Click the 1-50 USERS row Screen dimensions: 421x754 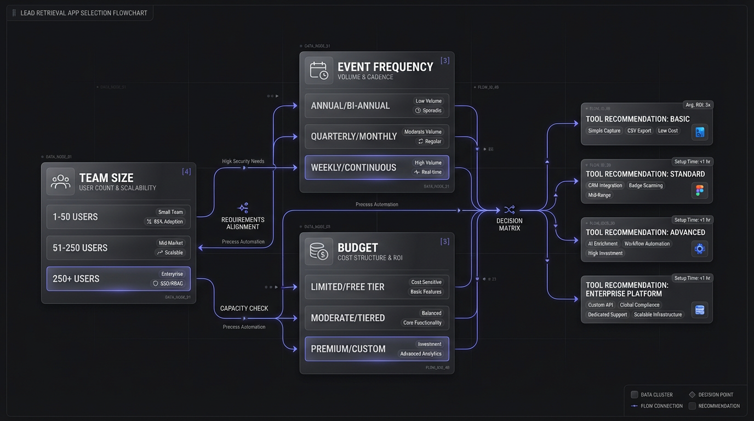118,217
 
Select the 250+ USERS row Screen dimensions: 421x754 118,278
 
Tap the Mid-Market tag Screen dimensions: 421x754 171,243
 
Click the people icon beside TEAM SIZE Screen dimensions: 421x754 60,182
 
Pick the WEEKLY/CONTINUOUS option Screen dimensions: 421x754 376,167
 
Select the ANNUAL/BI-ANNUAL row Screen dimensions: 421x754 376,106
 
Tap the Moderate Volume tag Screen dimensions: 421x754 422,132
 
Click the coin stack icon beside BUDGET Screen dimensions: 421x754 319,252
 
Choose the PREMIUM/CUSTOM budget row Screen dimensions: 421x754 376,349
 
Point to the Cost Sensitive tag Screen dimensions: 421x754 426,282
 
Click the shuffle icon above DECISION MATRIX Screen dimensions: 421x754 510,209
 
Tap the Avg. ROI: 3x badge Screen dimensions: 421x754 698,105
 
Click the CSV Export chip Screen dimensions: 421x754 639,130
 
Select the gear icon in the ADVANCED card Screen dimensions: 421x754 700,248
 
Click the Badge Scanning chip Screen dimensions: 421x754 646,185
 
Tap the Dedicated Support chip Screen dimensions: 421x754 607,315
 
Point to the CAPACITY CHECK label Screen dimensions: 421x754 244,308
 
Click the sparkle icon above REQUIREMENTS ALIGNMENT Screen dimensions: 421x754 243,208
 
